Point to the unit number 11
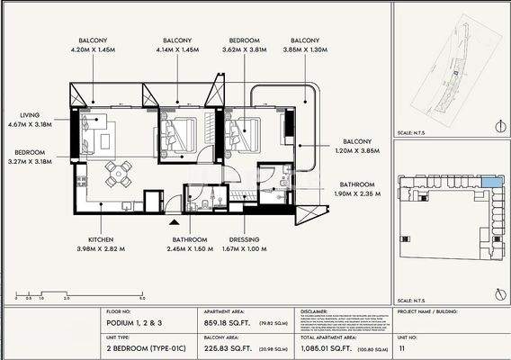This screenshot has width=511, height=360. point(402,346)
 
